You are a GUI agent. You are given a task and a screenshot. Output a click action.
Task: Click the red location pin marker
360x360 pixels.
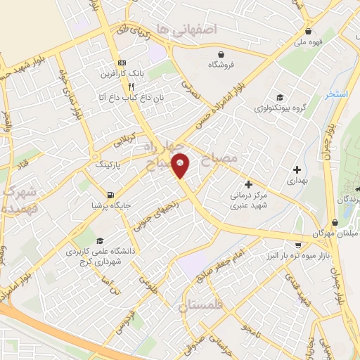pos(181,165)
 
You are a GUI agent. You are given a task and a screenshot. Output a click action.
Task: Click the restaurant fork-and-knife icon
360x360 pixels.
pos(130,88)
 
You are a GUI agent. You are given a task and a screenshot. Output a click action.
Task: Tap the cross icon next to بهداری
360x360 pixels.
pos(297,169)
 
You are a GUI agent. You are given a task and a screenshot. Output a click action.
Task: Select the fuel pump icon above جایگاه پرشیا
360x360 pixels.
pos(110,195)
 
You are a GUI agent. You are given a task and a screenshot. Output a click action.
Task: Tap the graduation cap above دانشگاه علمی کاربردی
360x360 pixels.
pos(99,240)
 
